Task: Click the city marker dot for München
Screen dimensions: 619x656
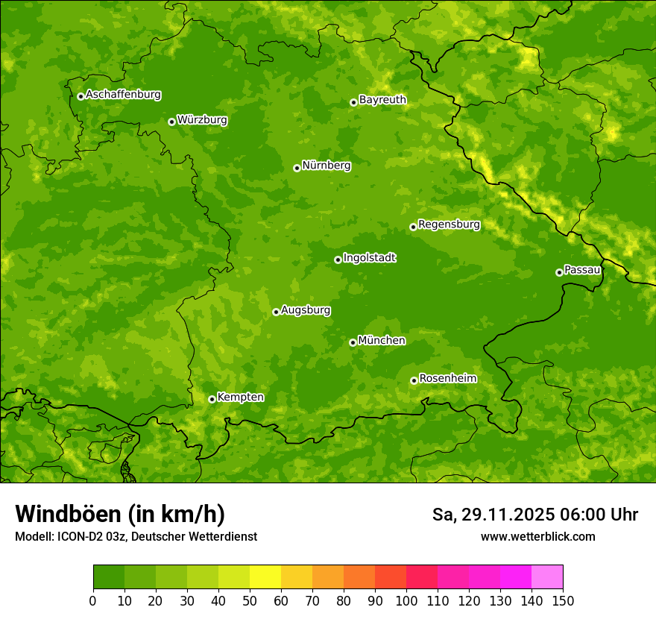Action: point(353,342)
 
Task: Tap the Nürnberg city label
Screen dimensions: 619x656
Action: point(326,166)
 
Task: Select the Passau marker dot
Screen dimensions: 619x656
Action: point(559,272)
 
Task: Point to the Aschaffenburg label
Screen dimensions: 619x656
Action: point(123,95)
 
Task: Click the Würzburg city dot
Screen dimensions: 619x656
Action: point(171,122)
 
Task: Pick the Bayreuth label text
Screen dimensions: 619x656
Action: point(382,100)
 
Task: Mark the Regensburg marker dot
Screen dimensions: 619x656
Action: point(413,227)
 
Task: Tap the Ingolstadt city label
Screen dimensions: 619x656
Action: point(369,258)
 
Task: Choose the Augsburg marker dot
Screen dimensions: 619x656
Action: point(276,312)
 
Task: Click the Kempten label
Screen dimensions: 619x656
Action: point(240,398)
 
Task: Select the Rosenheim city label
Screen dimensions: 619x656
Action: point(447,379)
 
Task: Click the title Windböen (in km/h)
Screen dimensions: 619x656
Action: point(120,514)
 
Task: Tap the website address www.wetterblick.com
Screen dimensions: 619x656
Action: point(537,536)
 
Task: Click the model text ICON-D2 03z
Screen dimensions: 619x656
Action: point(89,536)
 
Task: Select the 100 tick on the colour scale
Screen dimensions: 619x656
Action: point(406,600)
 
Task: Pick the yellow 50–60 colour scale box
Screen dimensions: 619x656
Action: point(265,577)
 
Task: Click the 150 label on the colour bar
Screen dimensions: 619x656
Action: point(563,600)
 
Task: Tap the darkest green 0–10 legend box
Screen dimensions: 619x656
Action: point(109,577)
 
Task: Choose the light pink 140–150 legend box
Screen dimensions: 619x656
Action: point(547,577)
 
